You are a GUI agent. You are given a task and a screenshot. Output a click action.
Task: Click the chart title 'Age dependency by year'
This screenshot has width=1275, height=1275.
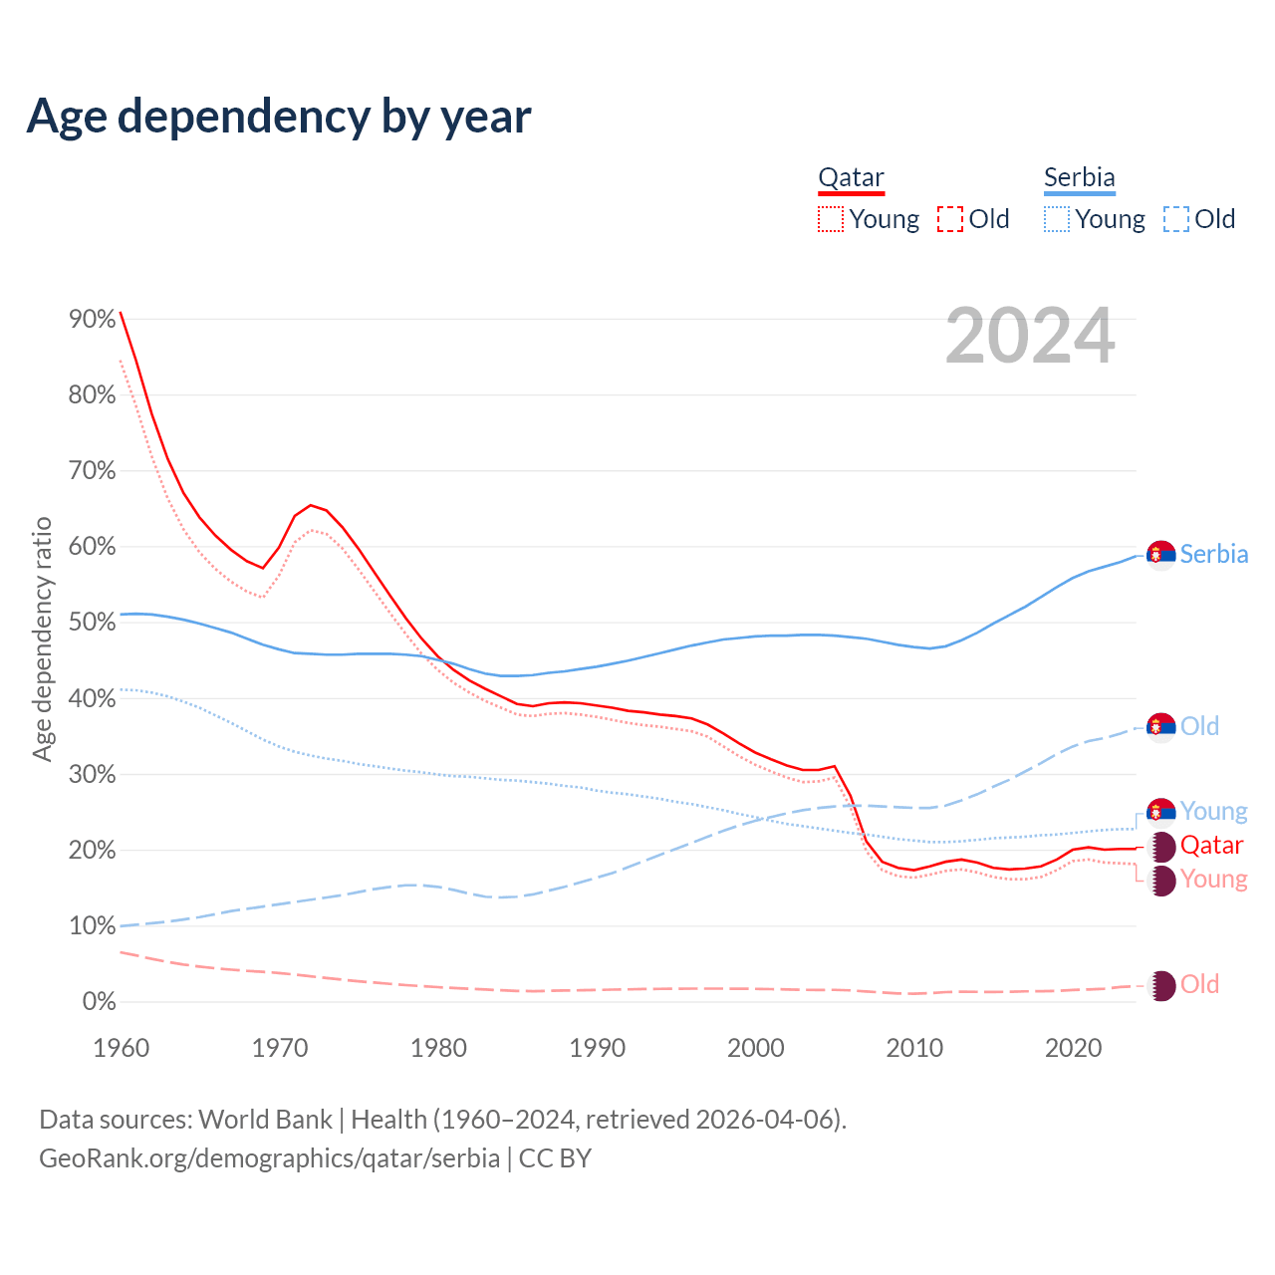point(279,117)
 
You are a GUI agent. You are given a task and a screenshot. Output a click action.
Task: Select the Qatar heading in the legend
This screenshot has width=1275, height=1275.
point(851,178)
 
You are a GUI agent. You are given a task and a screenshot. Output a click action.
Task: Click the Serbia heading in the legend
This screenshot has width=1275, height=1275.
point(1079,178)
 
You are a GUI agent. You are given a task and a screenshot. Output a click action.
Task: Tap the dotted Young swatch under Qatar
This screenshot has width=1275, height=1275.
point(831,219)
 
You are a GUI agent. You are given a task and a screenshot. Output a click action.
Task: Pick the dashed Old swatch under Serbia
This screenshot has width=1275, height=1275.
point(1176,219)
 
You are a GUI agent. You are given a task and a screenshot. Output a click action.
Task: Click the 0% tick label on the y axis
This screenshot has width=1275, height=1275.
point(99,1002)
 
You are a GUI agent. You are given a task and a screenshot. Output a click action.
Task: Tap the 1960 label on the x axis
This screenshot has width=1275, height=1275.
point(121,1048)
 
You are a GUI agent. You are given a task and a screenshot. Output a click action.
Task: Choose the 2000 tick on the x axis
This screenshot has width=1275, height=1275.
point(756,1048)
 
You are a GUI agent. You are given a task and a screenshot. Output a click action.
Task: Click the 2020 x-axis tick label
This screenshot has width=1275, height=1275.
point(1074,1048)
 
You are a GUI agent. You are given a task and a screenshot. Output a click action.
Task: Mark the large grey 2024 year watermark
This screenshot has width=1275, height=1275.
point(1030,336)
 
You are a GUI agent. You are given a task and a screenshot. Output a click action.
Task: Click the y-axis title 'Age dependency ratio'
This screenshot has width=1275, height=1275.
point(43,638)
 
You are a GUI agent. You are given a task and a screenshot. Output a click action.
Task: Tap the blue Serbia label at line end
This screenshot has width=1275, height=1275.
point(1213,554)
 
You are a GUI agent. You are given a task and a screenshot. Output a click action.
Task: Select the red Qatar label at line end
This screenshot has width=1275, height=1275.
point(1211,846)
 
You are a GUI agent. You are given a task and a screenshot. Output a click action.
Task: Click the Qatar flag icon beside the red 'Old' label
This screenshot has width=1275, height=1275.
point(1161,985)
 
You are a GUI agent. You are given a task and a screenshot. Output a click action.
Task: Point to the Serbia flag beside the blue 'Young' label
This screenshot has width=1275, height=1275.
point(1161,812)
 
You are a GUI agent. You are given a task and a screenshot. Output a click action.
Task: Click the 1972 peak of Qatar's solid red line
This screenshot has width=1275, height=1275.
point(311,505)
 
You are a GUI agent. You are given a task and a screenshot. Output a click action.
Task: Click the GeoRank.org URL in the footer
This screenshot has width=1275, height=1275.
point(269,1158)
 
